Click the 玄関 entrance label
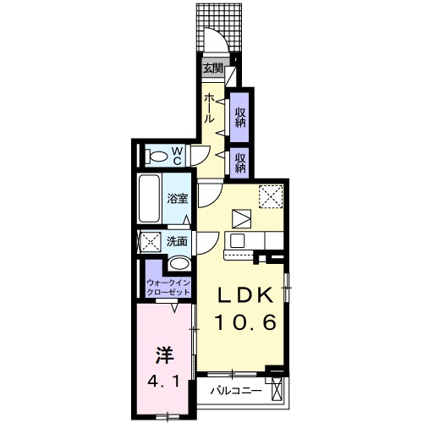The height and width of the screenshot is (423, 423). [213, 69]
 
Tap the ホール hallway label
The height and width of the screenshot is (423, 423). [209, 108]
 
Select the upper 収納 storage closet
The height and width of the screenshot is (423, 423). [239, 118]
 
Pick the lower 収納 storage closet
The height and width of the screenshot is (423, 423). [239, 162]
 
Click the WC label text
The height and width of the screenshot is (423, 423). [177, 156]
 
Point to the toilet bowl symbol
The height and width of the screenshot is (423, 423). [157, 157]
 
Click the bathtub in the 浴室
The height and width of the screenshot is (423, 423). [149, 199]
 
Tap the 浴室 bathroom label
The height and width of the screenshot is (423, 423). [177, 199]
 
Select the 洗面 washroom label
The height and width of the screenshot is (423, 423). [177, 241]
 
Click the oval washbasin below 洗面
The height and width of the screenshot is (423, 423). [179, 264]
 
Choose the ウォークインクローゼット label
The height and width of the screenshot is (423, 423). [168, 288]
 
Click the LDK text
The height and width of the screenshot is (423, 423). [245, 295]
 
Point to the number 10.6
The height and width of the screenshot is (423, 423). [245, 322]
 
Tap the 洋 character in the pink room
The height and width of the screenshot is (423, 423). [164, 355]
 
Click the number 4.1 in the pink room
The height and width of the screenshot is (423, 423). [163, 382]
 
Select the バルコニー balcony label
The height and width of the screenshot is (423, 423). [236, 391]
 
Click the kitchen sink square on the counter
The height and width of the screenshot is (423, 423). [238, 240]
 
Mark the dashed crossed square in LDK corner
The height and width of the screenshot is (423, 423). [271, 196]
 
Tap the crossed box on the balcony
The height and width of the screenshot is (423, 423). [277, 389]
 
